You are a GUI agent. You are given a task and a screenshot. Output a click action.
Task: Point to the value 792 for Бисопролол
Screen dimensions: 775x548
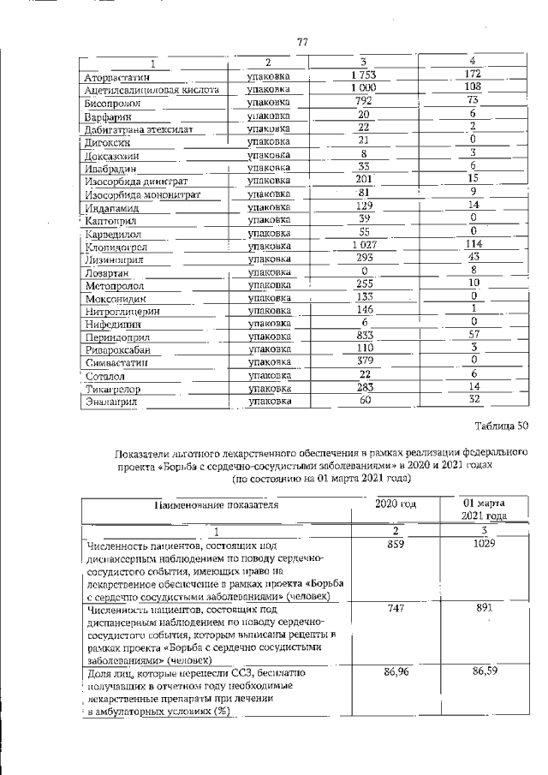[364, 101]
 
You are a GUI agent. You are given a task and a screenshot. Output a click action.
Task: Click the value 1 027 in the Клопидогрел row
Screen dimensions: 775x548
[364, 245]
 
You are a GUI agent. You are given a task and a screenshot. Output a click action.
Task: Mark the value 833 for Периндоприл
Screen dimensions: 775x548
[364, 337]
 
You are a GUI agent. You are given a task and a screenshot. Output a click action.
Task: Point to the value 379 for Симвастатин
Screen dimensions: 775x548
[364, 362]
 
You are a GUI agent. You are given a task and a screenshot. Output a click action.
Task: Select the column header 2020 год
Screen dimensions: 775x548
[396, 504]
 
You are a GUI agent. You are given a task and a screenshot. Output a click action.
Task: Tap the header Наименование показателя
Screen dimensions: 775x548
[217, 506]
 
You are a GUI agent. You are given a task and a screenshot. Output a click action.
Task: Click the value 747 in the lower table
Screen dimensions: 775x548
[396, 607]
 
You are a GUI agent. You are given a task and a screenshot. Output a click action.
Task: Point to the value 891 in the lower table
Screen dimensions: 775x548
[484, 607]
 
